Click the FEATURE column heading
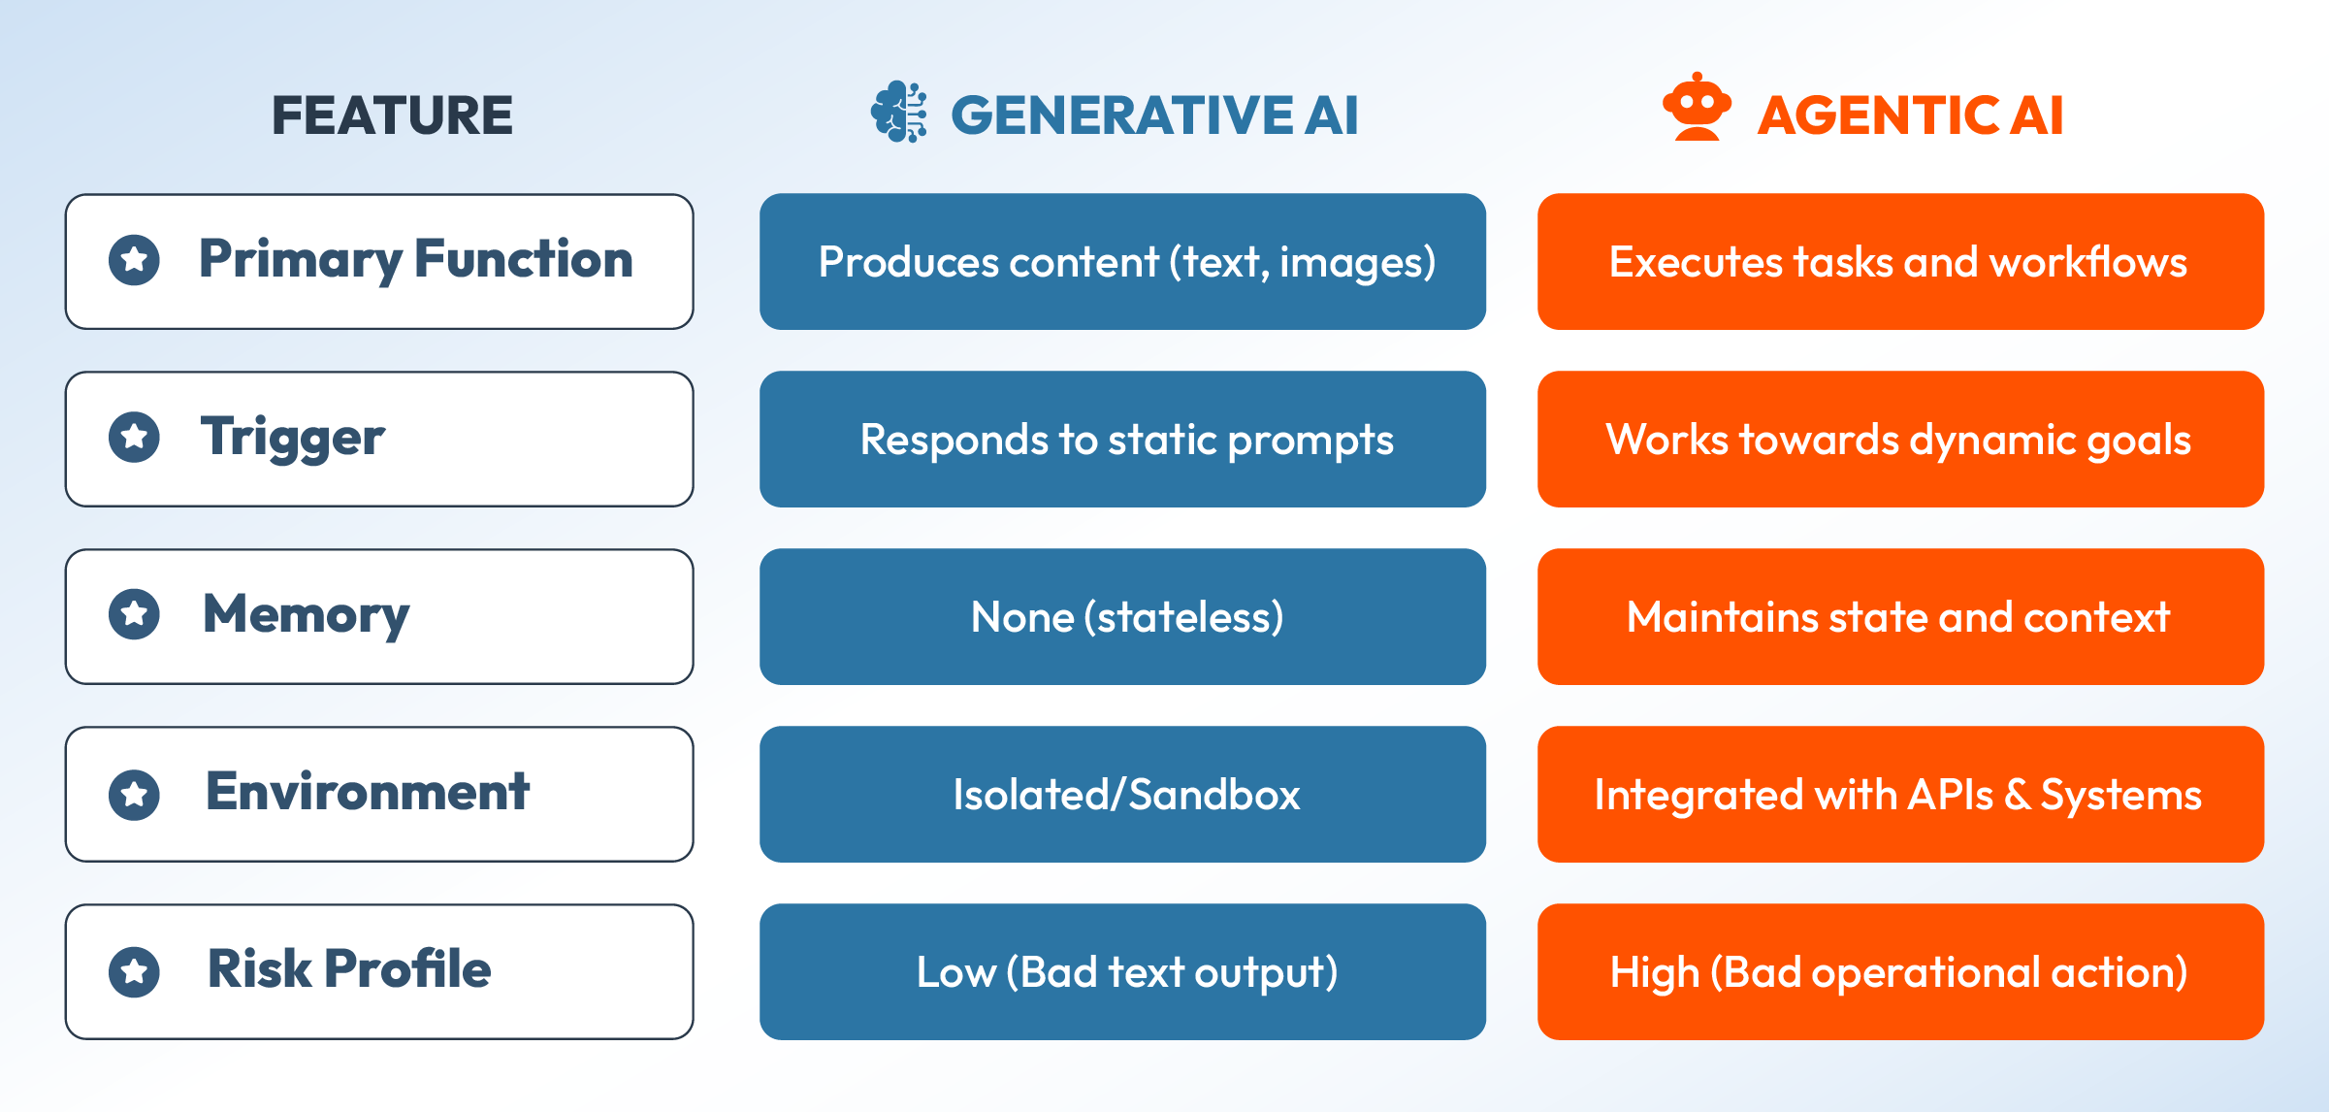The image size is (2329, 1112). point(392,115)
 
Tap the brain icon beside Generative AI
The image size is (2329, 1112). point(899,113)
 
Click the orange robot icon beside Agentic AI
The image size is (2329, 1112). point(1697,108)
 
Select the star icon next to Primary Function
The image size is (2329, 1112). point(135,260)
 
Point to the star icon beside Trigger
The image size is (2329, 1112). point(135,438)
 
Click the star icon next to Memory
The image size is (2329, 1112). point(135,615)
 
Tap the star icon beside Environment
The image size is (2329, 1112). point(135,795)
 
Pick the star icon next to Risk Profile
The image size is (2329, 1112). point(135,972)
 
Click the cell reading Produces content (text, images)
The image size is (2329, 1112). point(1122,262)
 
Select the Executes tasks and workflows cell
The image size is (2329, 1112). point(1899,262)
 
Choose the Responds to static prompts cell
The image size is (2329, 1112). point(1122,440)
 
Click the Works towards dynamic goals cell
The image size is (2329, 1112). point(1899,440)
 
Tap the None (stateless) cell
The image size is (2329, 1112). point(1122,617)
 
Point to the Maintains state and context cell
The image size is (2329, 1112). point(1899,617)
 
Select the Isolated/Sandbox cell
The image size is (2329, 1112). point(1122,795)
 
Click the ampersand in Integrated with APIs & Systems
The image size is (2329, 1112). point(2018,795)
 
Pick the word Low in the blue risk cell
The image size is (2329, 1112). point(955,972)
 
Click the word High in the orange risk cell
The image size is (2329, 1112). point(1654,972)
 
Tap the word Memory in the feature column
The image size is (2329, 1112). point(307,615)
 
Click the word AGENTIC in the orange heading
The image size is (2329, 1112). point(1878,115)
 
